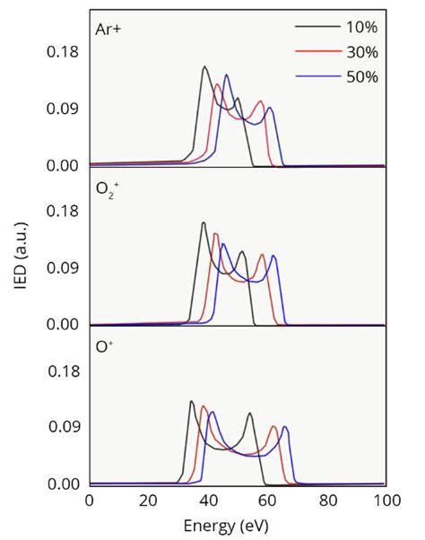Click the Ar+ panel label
pos(109,28)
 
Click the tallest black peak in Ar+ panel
pos(204,67)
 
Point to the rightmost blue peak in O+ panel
pos(285,427)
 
